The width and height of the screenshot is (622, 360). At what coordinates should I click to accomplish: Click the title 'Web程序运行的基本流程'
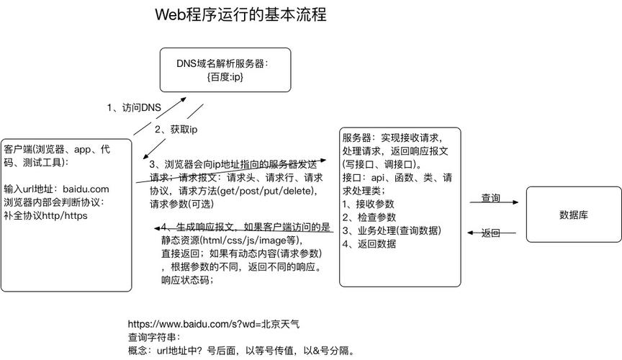point(240,14)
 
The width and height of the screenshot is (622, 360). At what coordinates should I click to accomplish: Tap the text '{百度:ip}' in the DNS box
point(225,76)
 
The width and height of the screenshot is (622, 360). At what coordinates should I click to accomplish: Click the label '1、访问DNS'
point(134,107)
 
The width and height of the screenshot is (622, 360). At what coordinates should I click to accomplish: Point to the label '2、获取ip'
point(176,130)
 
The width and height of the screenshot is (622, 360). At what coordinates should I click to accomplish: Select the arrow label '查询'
point(491,198)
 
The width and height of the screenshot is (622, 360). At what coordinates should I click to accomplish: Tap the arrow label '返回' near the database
point(491,233)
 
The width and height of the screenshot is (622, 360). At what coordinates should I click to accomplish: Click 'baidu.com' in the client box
point(86,189)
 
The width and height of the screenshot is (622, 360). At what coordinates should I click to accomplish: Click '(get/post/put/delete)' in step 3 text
point(267,191)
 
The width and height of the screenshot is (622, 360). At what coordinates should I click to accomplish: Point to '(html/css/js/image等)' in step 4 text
point(251,240)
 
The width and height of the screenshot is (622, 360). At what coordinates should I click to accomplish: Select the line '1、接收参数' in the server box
point(368,204)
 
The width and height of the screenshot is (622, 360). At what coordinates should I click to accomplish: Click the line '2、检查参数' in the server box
point(369,217)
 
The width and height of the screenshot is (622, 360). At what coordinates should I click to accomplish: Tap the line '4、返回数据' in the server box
point(369,243)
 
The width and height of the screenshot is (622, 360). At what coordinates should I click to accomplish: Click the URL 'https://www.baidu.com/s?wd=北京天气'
point(214,324)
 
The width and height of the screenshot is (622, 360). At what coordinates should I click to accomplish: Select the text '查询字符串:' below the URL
point(154,338)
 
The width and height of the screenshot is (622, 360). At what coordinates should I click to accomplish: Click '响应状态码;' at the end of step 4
point(187,280)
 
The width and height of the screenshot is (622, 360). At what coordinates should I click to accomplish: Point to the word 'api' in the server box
point(378,178)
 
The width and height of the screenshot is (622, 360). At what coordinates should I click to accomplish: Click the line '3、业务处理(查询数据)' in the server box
point(392,230)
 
